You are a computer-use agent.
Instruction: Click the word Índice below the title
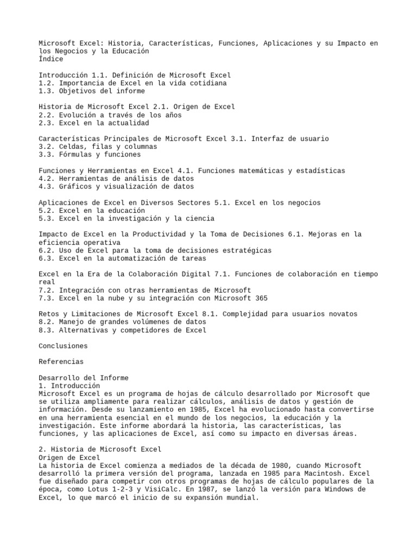pos(51,59)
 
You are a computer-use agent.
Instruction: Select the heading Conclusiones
pos(63,346)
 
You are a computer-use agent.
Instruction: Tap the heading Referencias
pos(61,362)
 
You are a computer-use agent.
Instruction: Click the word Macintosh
pos(302,473)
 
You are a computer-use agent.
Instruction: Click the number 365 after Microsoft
pos(260,298)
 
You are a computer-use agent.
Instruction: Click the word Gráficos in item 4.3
pos(75,186)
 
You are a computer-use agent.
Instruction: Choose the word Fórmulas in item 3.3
pos(75,155)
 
